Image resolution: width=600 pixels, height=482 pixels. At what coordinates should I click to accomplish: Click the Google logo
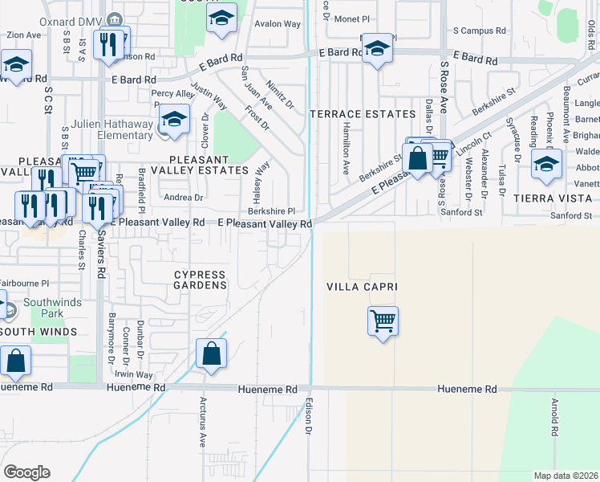[x=26, y=472]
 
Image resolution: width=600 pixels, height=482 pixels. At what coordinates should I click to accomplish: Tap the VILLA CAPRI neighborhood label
[x=362, y=287]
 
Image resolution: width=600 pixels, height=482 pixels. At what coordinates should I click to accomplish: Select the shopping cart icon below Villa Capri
[x=383, y=321]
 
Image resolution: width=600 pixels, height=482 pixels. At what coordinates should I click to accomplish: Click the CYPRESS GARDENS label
[x=201, y=280]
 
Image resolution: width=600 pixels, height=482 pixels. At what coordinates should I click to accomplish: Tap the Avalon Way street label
[x=278, y=24]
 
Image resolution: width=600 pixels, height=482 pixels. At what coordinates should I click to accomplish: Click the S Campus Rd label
[x=480, y=31]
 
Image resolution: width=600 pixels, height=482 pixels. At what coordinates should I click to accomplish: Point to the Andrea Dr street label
[x=183, y=197]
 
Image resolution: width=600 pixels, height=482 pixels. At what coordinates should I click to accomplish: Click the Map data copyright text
[x=566, y=475]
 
